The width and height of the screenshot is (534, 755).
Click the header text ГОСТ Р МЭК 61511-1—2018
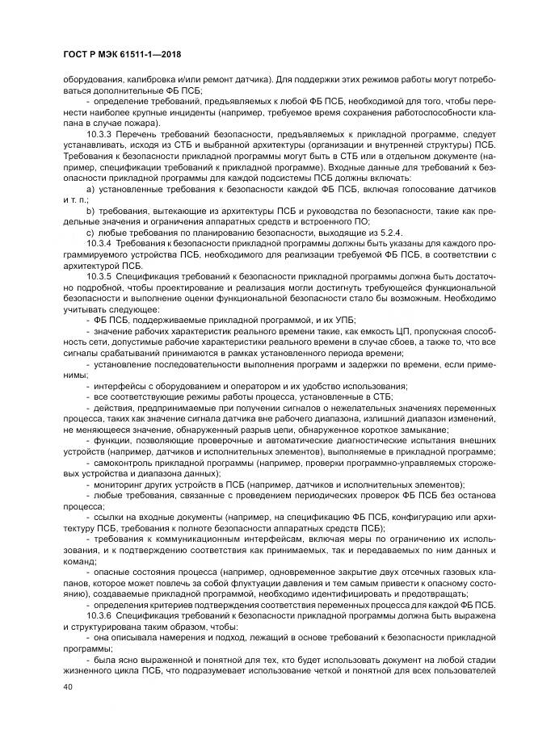click(120, 53)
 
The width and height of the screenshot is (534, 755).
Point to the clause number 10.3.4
click(100, 241)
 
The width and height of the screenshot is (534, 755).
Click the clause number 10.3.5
click(100, 275)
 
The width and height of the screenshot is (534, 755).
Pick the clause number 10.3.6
click(100, 615)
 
